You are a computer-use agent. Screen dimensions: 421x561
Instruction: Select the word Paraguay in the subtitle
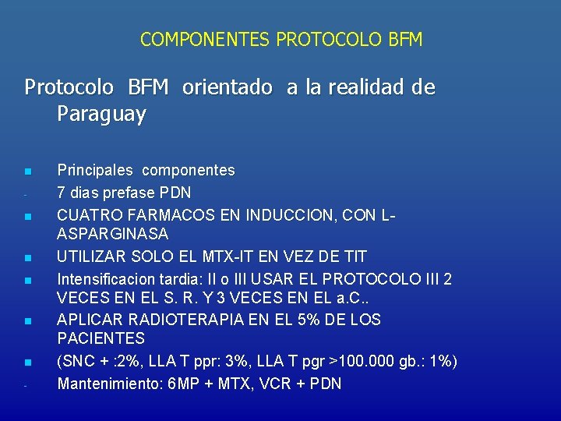[101, 115]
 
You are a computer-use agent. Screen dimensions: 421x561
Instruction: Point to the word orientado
[228, 87]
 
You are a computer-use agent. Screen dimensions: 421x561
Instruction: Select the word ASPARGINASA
[113, 234]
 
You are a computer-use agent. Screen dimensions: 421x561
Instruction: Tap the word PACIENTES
[101, 339]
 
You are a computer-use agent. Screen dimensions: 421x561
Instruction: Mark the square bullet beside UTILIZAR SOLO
[27, 257]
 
